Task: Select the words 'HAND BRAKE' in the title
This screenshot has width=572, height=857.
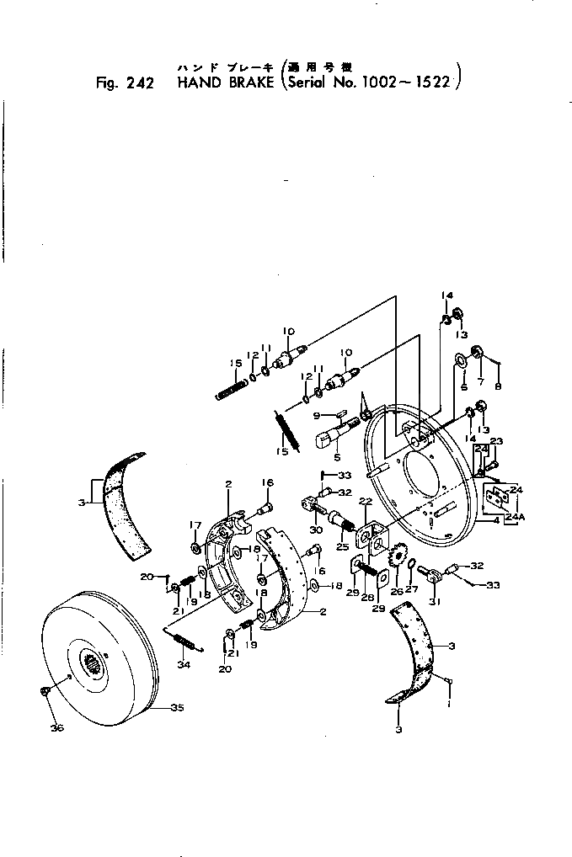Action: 225,83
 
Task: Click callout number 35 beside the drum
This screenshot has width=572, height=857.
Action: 177,708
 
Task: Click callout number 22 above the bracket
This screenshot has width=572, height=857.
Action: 366,502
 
